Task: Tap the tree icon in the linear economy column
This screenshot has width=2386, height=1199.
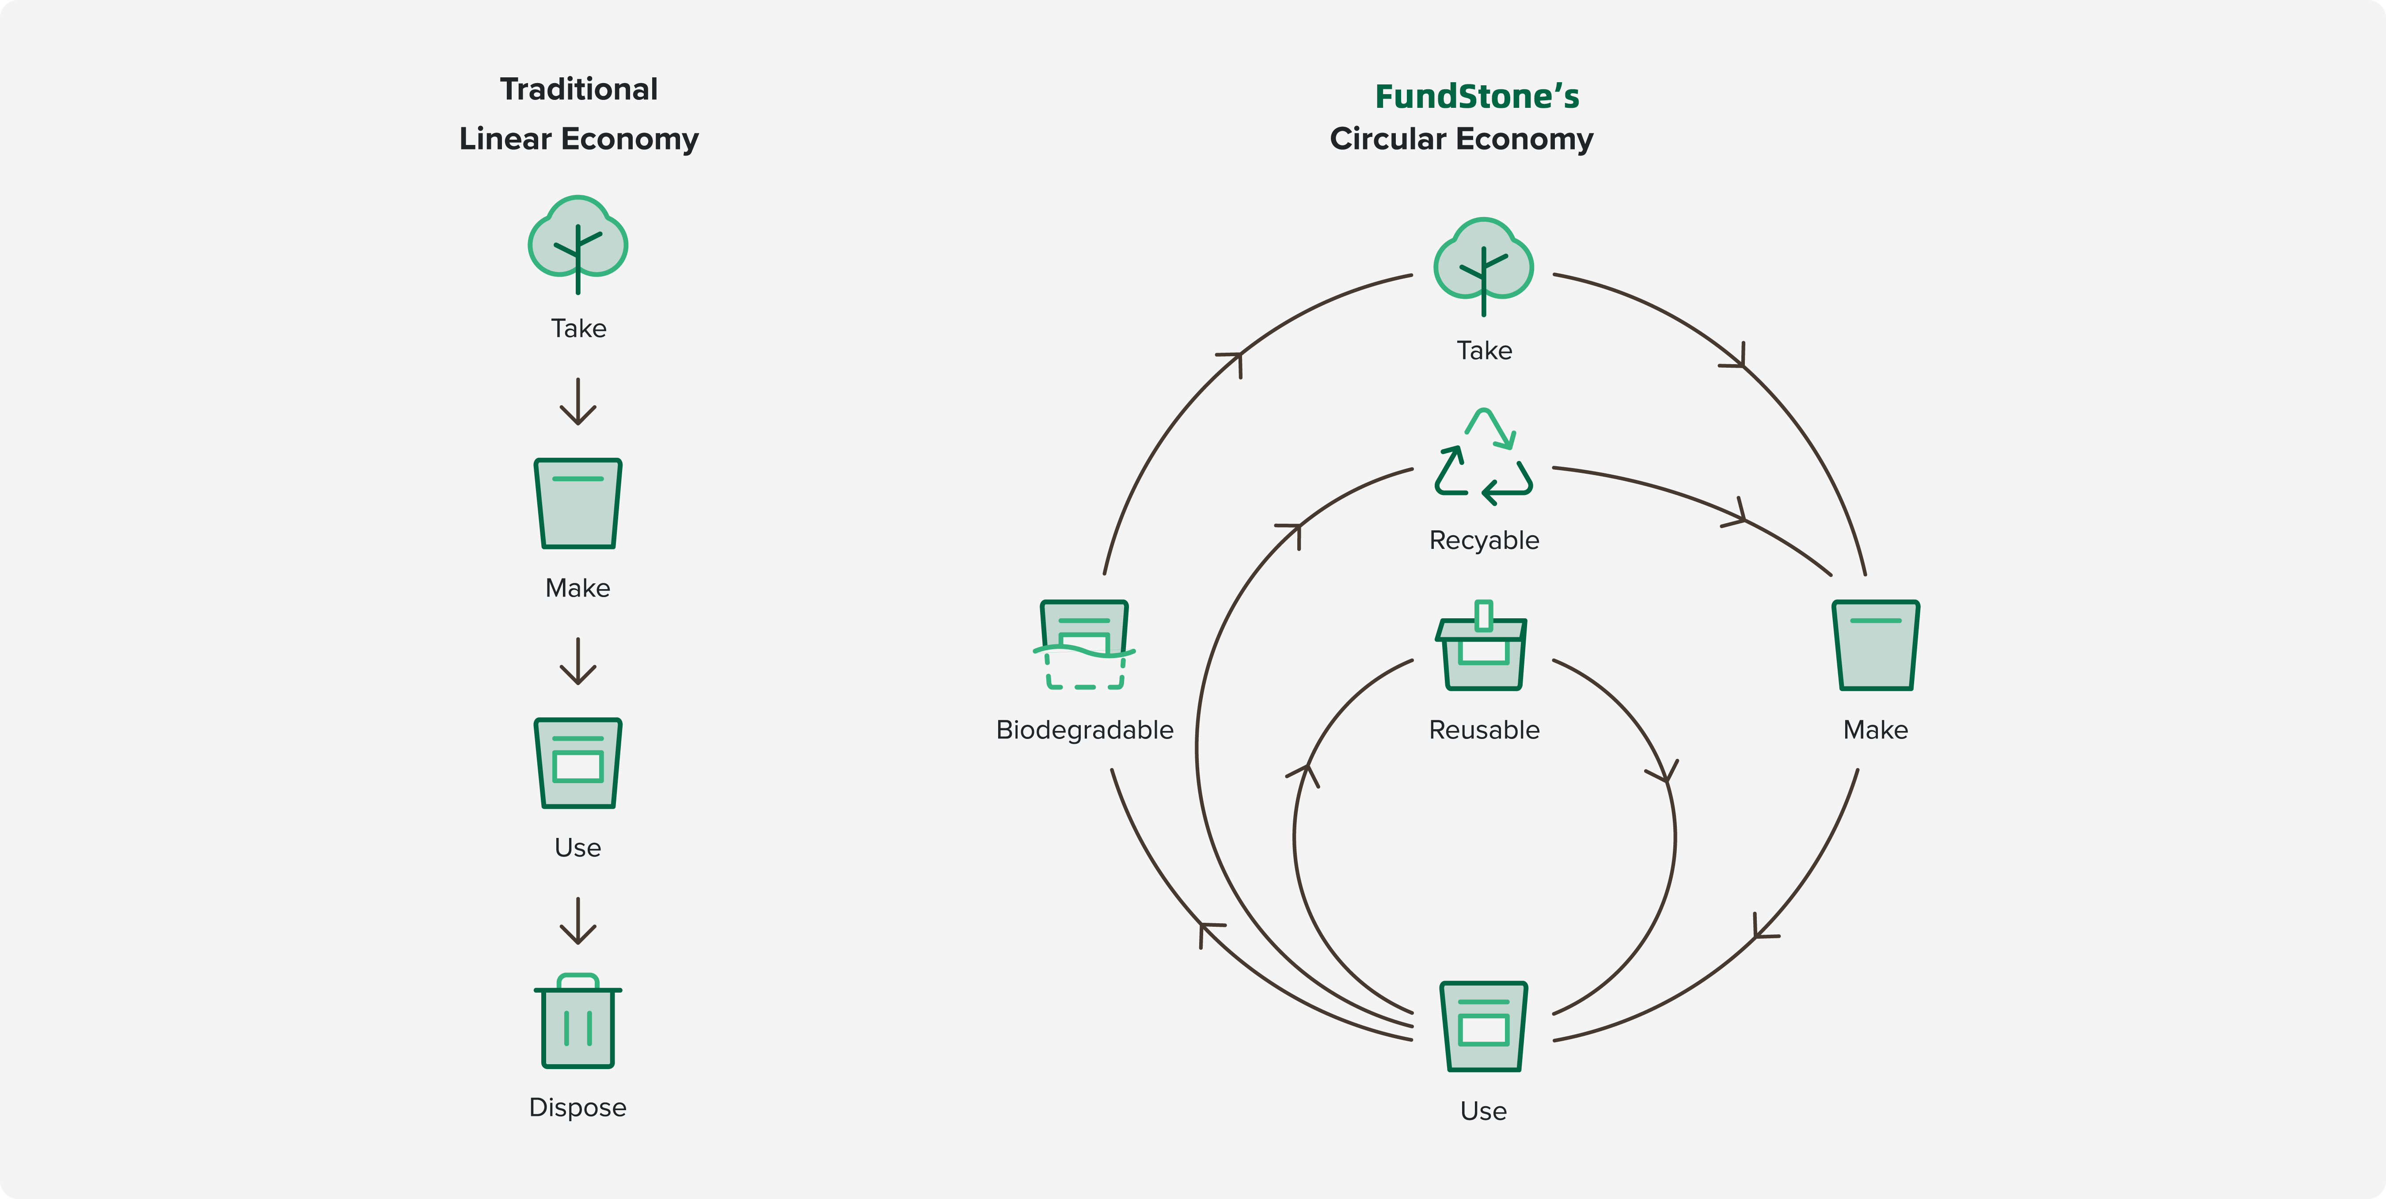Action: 578,243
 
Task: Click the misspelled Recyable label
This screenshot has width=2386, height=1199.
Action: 1484,540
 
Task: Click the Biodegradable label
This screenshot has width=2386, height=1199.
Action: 1085,730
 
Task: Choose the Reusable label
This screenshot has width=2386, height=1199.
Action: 1484,730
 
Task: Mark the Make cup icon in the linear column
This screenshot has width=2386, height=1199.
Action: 578,503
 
